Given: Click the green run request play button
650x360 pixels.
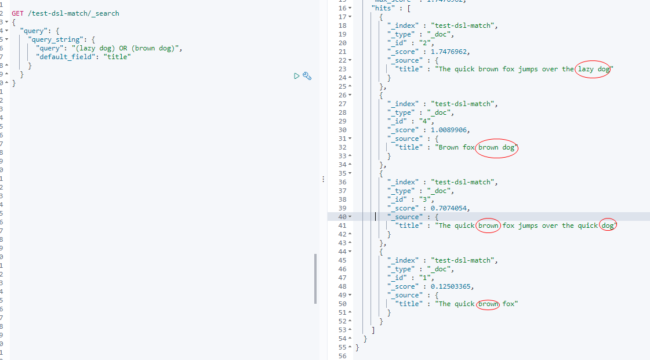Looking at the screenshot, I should [x=296, y=76].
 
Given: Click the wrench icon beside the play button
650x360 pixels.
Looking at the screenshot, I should [x=307, y=76].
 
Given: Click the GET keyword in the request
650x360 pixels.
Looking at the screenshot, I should [x=18, y=13].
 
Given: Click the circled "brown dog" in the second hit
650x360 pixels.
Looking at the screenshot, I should [x=496, y=147].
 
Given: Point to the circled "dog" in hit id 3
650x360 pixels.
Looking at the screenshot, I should [x=608, y=226].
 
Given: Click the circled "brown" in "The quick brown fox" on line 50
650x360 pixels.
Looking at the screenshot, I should [x=488, y=304].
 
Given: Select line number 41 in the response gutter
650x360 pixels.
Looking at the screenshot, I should [x=342, y=226].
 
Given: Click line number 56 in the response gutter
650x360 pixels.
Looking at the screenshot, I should [x=342, y=356].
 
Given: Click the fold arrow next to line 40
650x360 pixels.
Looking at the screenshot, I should [x=350, y=217].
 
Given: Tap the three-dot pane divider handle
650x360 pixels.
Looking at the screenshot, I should [x=323, y=180].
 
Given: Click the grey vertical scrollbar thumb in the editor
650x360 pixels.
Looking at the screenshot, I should [x=315, y=278].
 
